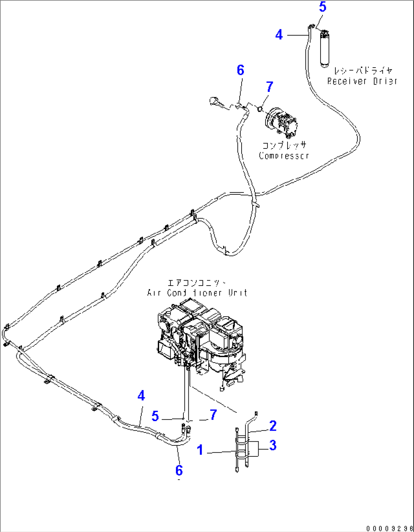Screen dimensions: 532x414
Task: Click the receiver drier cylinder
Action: coord(324,49)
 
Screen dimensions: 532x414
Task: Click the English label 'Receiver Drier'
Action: coord(362,81)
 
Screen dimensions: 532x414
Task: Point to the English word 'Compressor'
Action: coord(284,156)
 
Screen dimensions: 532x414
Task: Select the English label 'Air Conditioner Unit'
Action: coord(197,293)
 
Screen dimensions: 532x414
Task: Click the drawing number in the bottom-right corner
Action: coord(390,528)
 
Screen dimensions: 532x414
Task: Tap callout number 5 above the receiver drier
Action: coord(322,7)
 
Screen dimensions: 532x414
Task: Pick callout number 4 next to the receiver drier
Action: coord(279,35)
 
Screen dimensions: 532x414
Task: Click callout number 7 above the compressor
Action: coord(269,87)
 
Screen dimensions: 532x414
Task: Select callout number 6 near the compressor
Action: coord(240,70)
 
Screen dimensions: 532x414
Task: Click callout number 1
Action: coord(200,450)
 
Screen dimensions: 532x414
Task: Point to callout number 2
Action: coord(273,426)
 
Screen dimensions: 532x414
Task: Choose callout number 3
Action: coord(273,445)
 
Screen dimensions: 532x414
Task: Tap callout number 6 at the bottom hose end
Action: coord(179,470)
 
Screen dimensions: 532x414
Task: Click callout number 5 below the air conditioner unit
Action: coord(155,416)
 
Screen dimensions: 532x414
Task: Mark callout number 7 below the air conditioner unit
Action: coord(213,415)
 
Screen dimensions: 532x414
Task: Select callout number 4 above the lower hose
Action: coord(141,396)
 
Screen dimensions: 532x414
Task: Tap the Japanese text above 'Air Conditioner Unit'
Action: coord(197,283)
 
